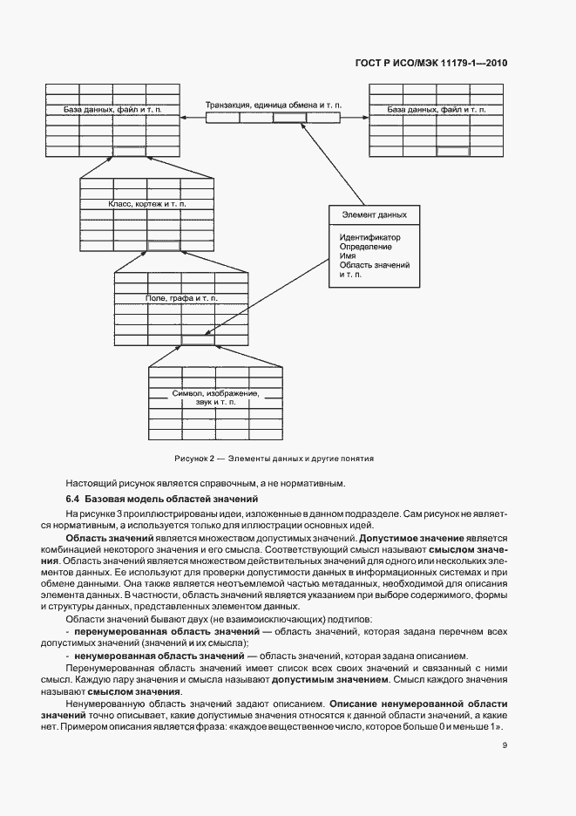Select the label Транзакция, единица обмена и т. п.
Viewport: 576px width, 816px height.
(274, 105)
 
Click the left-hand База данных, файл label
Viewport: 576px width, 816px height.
(112, 111)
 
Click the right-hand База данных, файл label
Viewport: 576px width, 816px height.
(436, 111)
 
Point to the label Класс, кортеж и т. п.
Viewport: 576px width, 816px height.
(146, 203)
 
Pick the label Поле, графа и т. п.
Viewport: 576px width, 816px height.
(182, 298)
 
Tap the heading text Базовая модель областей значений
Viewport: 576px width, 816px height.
(171, 500)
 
